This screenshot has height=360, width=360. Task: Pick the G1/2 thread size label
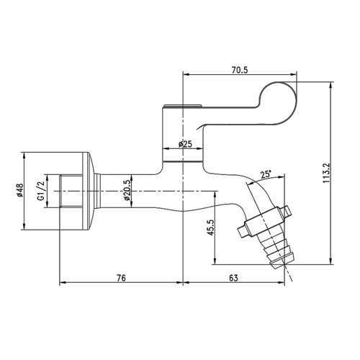point(42,192)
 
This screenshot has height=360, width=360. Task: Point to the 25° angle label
point(266,174)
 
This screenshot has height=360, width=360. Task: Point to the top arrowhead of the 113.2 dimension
point(332,81)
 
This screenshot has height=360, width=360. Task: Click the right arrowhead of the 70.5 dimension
point(297,73)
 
